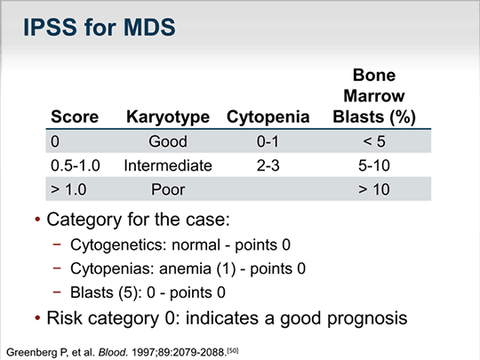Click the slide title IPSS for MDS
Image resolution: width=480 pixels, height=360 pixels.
click(100, 28)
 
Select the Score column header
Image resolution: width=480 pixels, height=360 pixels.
click(75, 117)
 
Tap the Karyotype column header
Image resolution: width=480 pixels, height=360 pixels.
click(168, 117)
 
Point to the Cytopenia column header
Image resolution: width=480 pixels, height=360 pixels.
click(268, 117)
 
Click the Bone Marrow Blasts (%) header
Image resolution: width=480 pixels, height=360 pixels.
click(374, 97)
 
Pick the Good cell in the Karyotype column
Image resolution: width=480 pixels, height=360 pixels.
click(168, 141)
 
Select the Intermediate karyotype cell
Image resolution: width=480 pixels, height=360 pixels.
click(168, 165)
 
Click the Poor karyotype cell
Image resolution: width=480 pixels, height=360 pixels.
click(168, 189)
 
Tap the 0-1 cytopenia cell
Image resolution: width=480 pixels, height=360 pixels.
click(268, 141)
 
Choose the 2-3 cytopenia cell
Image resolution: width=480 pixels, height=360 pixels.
click(268, 165)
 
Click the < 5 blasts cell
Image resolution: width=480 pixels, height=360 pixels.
click(374, 141)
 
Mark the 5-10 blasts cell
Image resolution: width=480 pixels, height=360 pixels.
click(374, 165)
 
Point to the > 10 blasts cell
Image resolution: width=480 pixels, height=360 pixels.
click(374, 189)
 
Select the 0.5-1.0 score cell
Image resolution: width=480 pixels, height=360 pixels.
click(76, 165)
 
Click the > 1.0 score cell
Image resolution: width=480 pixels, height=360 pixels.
click(68, 189)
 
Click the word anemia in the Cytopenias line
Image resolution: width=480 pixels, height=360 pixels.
click(185, 268)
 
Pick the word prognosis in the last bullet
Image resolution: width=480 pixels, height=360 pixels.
click(367, 319)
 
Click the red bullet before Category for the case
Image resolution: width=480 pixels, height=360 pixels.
click(37, 220)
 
